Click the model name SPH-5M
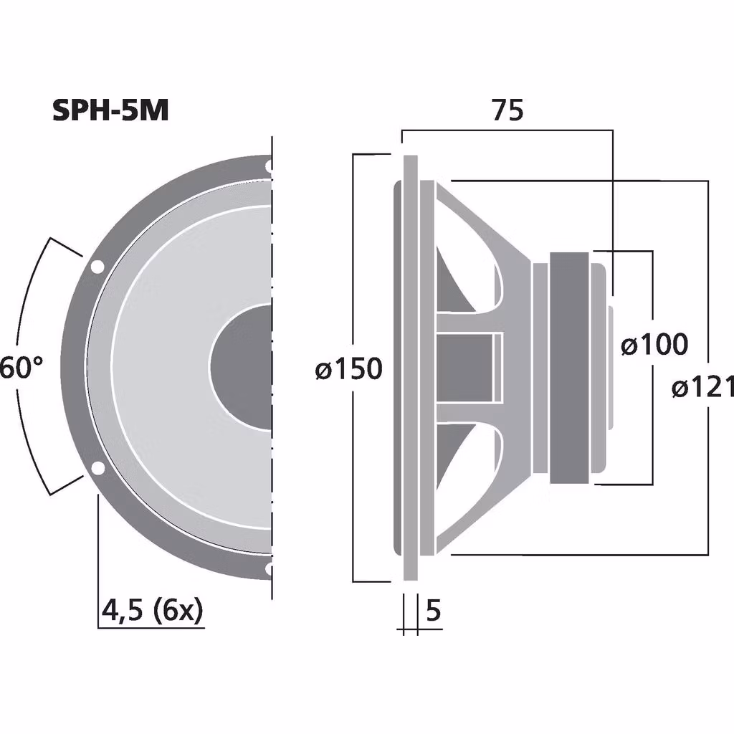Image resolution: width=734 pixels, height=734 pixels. (x=110, y=110)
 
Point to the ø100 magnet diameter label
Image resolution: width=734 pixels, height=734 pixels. (x=654, y=345)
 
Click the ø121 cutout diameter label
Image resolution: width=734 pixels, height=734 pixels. (x=702, y=388)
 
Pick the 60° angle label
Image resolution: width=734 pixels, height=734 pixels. (x=21, y=368)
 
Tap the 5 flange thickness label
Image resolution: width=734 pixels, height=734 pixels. (x=433, y=611)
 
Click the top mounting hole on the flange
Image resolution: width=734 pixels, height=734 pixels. (x=268, y=167)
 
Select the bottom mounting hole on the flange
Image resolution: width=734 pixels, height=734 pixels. (x=268, y=569)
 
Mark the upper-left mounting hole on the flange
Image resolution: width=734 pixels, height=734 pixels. (x=96, y=267)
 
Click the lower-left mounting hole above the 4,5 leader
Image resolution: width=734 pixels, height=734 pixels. (x=97, y=469)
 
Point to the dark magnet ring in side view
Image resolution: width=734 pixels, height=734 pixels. (x=571, y=367)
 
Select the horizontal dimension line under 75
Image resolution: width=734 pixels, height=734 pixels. (x=507, y=130)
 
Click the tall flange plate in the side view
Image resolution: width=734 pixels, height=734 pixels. (x=411, y=367)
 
